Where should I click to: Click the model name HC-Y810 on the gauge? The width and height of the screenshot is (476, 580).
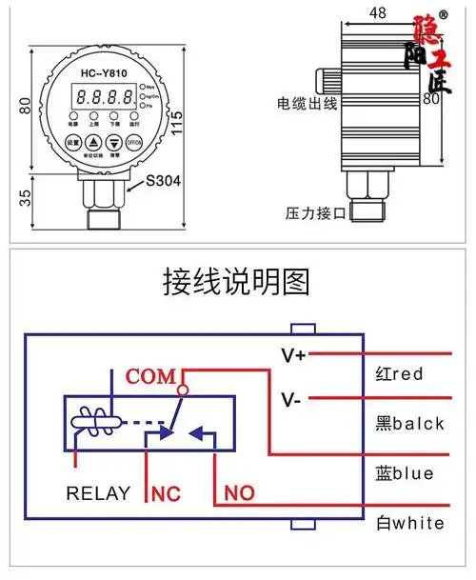point(104,74)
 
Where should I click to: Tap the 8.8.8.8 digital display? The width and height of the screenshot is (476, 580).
point(105,97)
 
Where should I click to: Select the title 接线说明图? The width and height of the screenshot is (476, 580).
point(237,283)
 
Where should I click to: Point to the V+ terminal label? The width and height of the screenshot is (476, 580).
point(293,355)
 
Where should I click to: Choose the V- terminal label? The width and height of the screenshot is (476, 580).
point(291,399)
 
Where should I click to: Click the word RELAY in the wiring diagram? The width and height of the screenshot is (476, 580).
point(98,493)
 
